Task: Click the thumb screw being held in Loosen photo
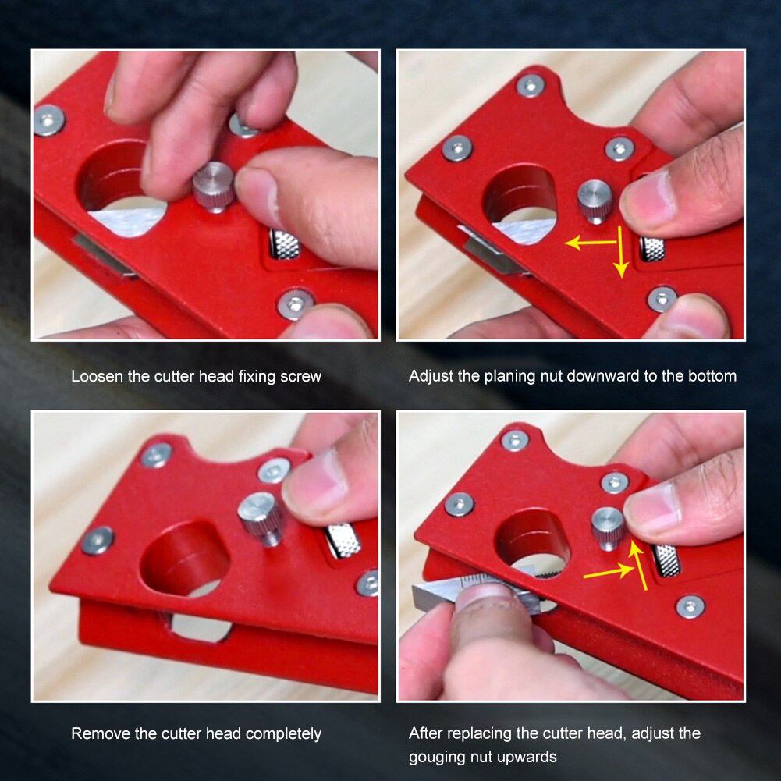[213, 186]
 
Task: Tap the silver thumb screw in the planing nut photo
[595, 200]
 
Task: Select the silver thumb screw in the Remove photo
[261, 517]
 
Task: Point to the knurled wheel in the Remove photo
[343, 541]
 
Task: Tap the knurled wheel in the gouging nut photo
[666, 560]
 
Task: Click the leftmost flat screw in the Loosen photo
[48, 121]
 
